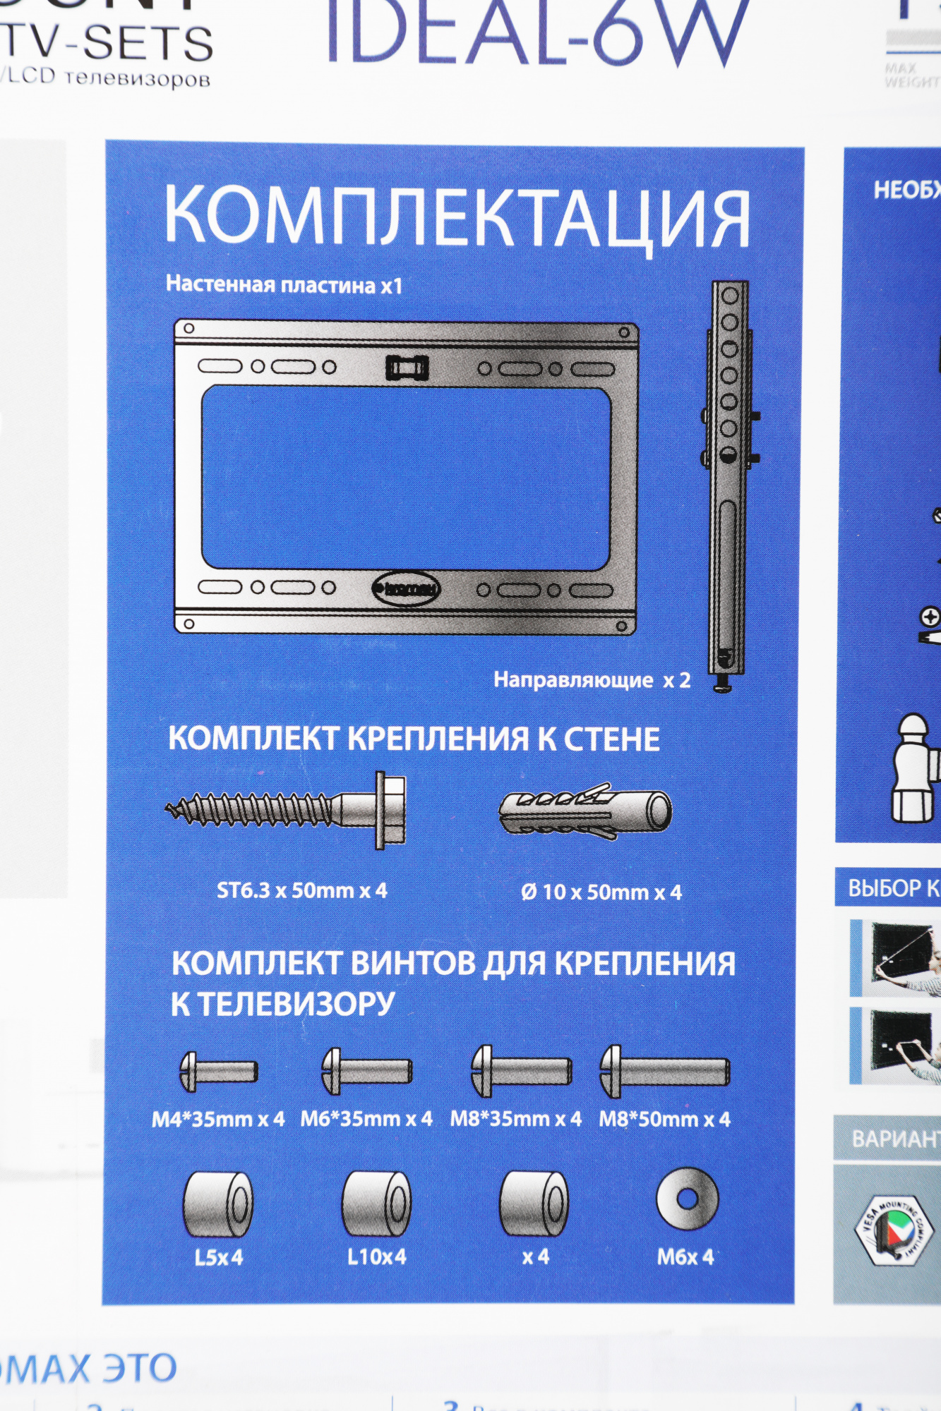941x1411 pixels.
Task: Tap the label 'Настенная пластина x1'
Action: [x=284, y=284]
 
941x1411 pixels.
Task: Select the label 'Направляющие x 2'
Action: [x=592, y=679]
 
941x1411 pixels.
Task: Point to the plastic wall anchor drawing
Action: [x=585, y=811]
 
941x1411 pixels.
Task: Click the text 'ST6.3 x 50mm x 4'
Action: [x=301, y=890]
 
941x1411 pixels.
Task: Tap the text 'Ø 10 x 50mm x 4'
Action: [x=601, y=892]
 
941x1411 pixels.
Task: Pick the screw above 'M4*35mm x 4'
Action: [x=218, y=1071]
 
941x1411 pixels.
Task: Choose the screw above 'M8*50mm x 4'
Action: [x=664, y=1071]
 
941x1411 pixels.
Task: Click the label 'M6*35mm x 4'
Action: [x=366, y=1119]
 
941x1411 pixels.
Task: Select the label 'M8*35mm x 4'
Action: [x=516, y=1119]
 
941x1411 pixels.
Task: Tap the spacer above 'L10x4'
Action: [x=376, y=1204]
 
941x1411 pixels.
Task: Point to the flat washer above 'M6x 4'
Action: [x=687, y=1198]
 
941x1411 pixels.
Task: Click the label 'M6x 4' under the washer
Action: [x=685, y=1256]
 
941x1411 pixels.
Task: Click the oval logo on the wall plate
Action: [x=406, y=588]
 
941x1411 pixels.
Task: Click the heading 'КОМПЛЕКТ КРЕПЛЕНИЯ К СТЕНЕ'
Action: [x=414, y=739]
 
